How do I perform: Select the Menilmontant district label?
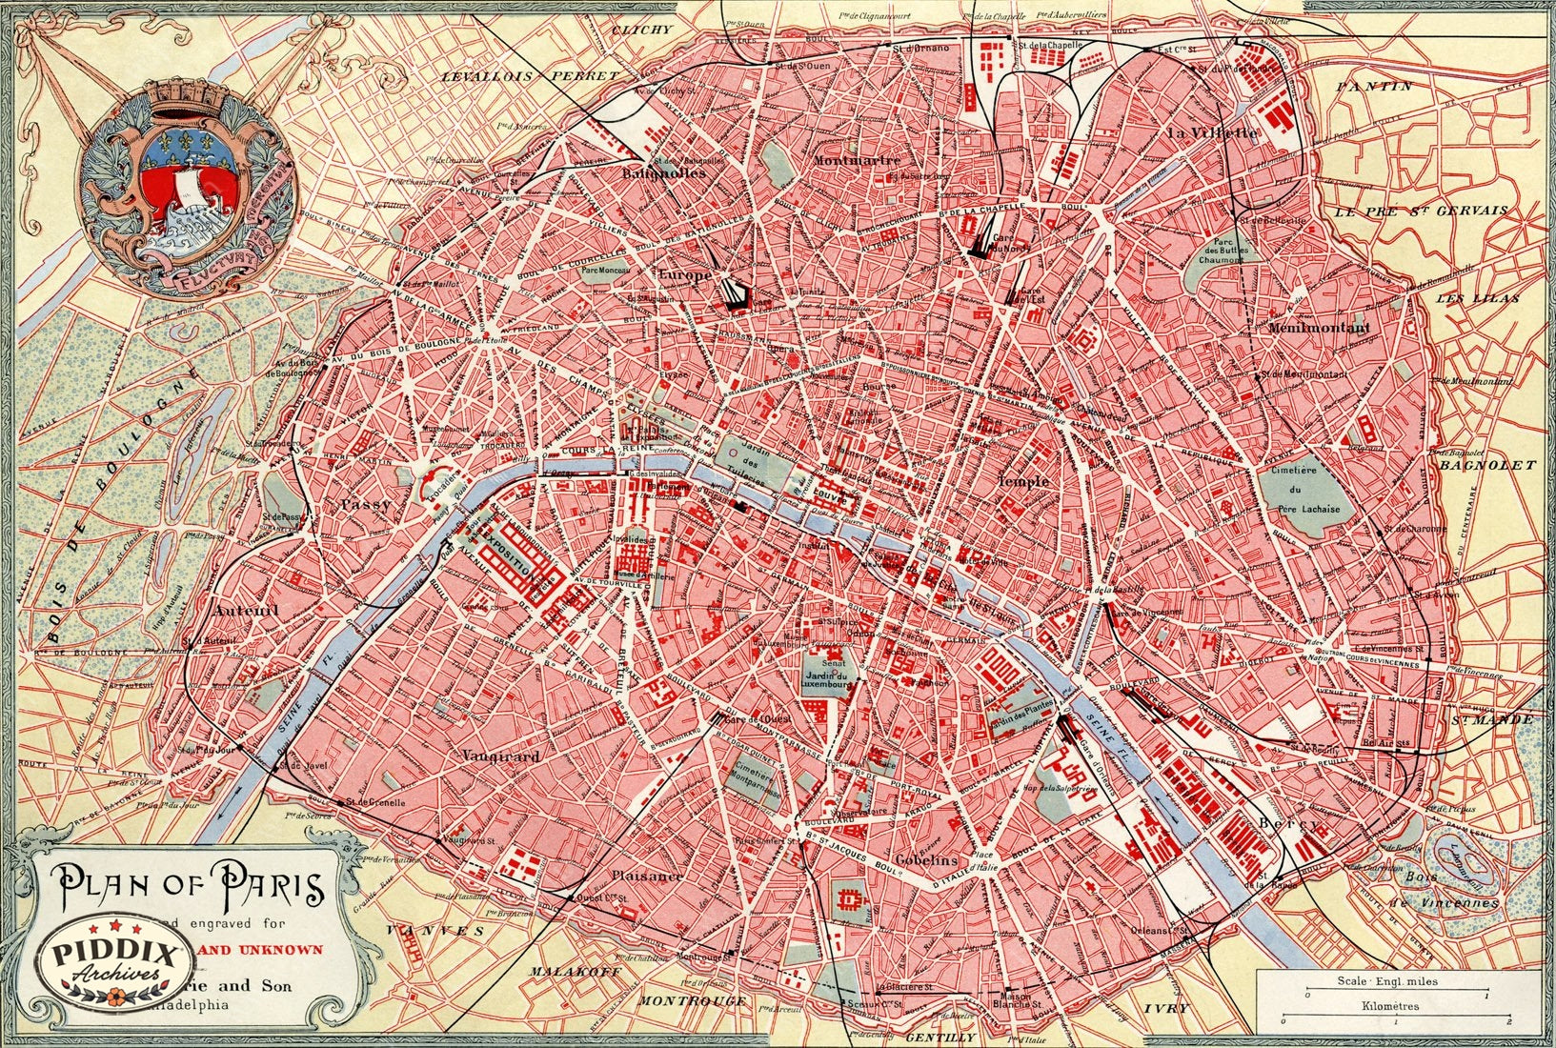(1319, 328)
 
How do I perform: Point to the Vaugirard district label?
(501, 756)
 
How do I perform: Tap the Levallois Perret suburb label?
(529, 74)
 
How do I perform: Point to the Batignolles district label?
(663, 173)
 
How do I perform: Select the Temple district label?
(1023, 481)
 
